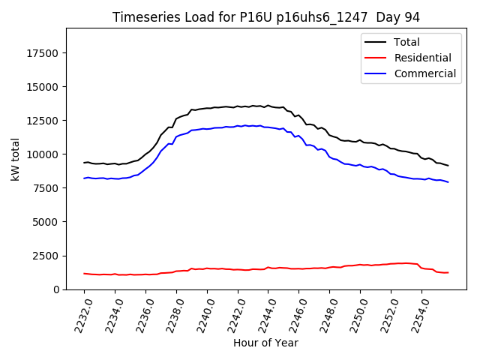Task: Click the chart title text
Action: [x=266, y=17]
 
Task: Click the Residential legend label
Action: [x=422, y=58]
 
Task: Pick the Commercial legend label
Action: [x=424, y=73]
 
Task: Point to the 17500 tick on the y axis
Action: [x=43, y=53]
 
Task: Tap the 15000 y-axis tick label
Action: [x=43, y=87]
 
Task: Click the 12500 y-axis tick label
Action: [x=43, y=121]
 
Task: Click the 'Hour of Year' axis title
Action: [x=265, y=343]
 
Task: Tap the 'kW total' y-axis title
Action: [x=16, y=159]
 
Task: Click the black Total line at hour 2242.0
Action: [x=238, y=106]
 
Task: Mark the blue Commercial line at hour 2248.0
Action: [x=330, y=158]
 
